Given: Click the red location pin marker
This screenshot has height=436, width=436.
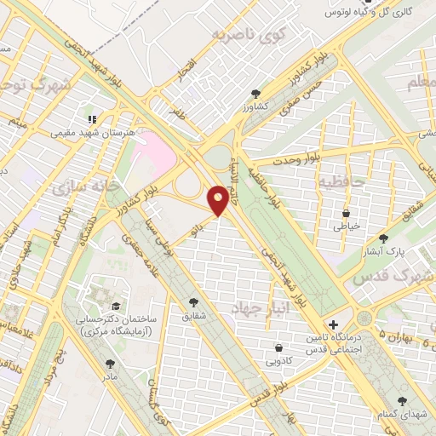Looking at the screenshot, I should [x=220, y=201].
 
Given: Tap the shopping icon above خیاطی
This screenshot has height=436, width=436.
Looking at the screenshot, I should [x=346, y=213].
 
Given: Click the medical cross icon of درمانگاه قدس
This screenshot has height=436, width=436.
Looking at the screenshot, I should [x=333, y=324].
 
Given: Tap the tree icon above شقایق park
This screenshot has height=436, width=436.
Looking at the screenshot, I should [x=195, y=301].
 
